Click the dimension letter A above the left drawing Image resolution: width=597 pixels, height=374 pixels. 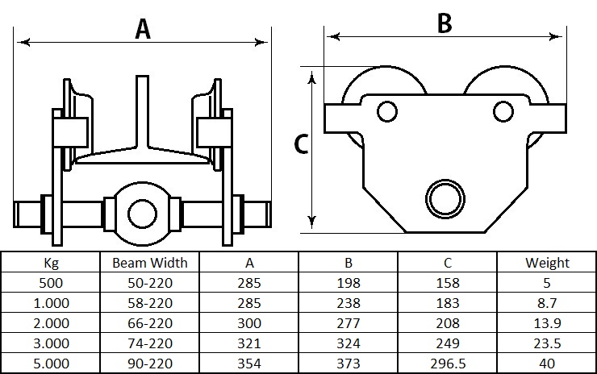143,29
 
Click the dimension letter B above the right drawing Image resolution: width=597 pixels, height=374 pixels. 445,23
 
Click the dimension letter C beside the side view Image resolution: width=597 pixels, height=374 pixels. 302,144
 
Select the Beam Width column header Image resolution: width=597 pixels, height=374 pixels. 150,263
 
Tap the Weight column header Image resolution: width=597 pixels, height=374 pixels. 547,263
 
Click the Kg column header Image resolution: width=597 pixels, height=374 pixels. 51,263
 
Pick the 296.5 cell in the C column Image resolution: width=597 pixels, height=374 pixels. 448,364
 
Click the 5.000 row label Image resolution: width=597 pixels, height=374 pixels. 51,364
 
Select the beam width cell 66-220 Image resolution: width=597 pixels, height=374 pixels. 150,323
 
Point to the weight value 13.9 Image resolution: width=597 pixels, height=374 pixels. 547,323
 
